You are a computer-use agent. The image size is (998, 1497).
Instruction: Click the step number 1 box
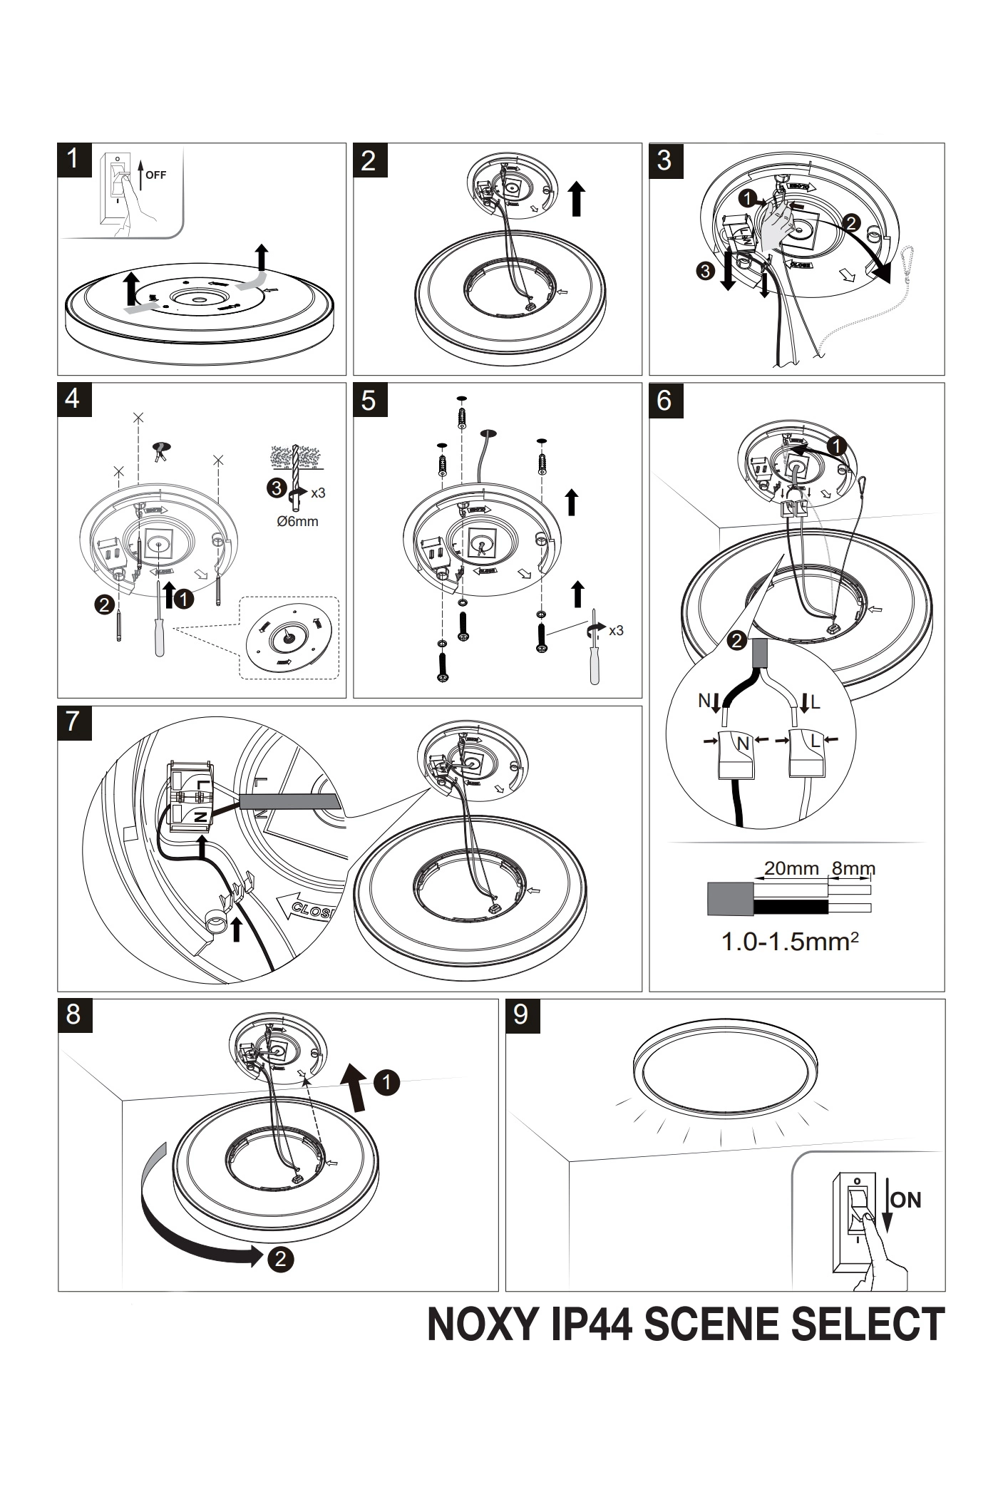pyautogui.click(x=74, y=160)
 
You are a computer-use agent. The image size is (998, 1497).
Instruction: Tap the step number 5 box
pyautogui.click(x=370, y=400)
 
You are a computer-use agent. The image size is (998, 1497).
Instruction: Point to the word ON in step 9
pyautogui.click(x=906, y=1200)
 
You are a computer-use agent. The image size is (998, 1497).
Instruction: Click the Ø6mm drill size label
pyautogui.click(x=297, y=521)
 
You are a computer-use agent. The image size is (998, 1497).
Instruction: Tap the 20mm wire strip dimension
pyautogui.click(x=791, y=868)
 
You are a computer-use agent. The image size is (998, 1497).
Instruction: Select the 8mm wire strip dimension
pyautogui.click(x=853, y=868)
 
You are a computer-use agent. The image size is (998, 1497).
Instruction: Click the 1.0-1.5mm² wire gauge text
pyautogui.click(x=790, y=942)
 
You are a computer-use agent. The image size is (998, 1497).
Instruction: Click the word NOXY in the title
pyautogui.click(x=485, y=1324)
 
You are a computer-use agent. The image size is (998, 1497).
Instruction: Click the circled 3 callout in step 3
pyautogui.click(x=705, y=271)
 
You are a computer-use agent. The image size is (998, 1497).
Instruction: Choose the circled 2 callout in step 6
pyautogui.click(x=737, y=640)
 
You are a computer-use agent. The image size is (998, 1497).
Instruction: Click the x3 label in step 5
pyautogui.click(x=616, y=630)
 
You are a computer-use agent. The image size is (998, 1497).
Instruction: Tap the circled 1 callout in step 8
pyautogui.click(x=386, y=1083)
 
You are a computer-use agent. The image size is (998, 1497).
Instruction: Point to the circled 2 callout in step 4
pyautogui.click(x=104, y=605)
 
